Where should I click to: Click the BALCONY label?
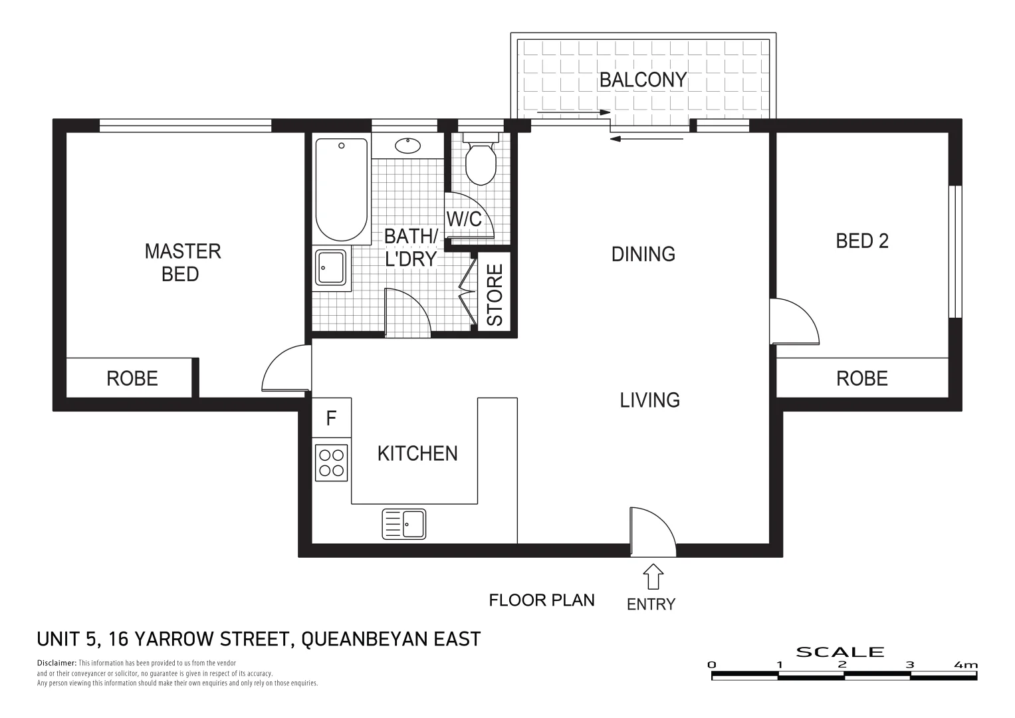point(642,80)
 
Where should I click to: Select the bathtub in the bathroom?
point(342,190)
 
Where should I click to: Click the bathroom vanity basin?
point(405,146)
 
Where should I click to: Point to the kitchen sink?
point(404,524)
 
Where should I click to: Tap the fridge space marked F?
point(331,418)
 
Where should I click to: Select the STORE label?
point(495,295)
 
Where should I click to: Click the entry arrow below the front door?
point(653,576)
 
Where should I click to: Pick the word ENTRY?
point(651,604)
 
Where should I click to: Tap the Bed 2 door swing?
point(794,322)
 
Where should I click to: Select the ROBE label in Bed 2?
point(861,378)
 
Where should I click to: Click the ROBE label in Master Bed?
point(132,378)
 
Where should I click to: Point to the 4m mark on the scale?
point(966,665)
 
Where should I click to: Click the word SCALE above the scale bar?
point(840,652)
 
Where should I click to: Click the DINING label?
point(643,254)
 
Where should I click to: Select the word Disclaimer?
point(56,663)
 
